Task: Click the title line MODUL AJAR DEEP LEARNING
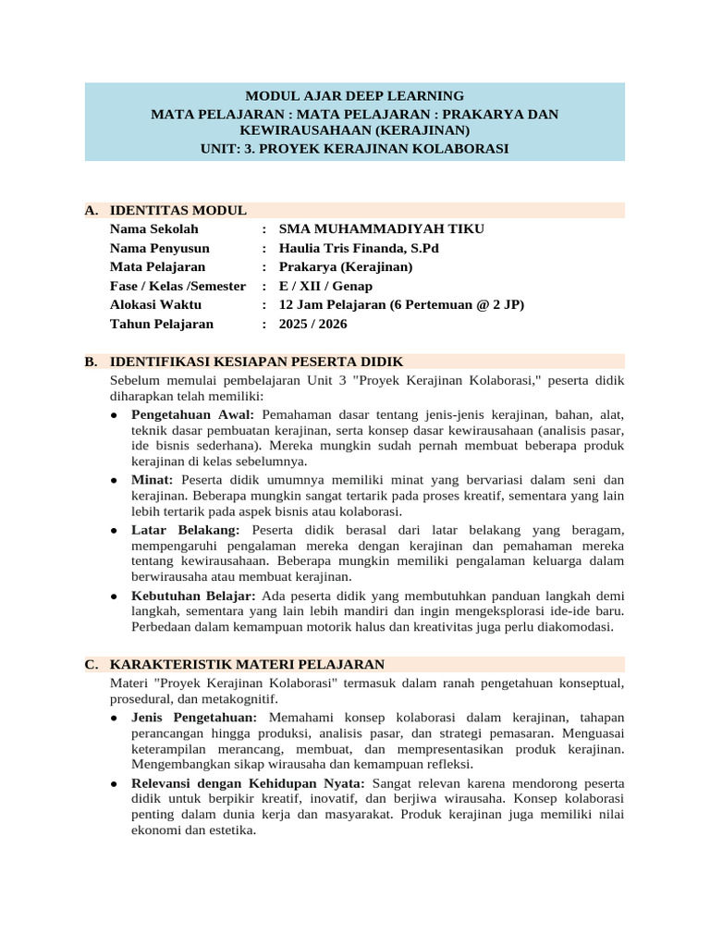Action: pos(354,96)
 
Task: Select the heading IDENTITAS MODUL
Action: pos(177,211)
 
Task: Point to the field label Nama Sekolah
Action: pos(153,229)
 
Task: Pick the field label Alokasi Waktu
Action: pos(155,305)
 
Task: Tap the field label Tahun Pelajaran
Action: pos(162,324)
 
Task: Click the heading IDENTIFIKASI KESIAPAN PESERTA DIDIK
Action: pos(256,362)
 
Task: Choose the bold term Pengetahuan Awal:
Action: pos(192,413)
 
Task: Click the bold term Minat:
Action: pos(153,480)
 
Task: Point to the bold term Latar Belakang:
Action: pos(185,529)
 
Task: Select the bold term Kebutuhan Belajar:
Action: pos(193,595)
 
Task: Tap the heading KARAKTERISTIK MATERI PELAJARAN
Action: pos(247,665)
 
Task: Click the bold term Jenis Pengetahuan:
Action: pos(194,717)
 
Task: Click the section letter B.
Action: pos(90,362)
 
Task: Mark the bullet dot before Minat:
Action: pos(113,481)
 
